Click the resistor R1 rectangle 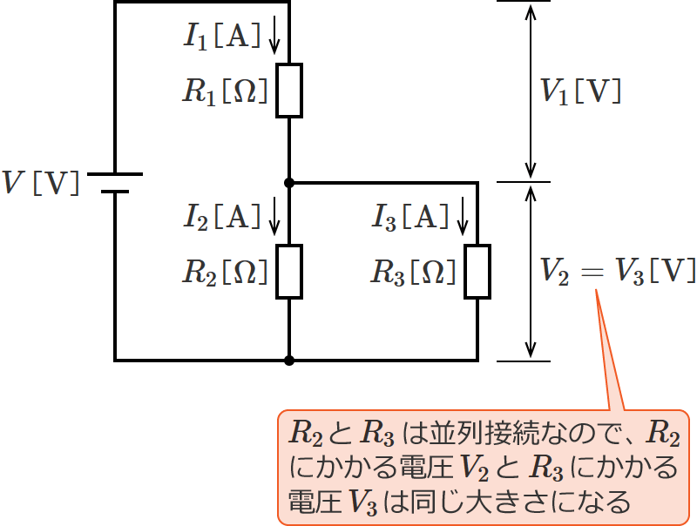pyautogui.click(x=289, y=91)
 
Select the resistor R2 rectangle pyautogui.click(x=289, y=271)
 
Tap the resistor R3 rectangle pyautogui.click(x=477, y=272)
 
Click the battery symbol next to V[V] pyautogui.click(x=114, y=183)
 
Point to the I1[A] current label pyautogui.click(x=221, y=36)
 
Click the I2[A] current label pyautogui.click(x=221, y=215)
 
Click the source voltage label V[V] pyautogui.click(x=41, y=183)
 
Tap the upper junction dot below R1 pyautogui.click(x=289, y=183)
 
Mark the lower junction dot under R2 pyautogui.click(x=289, y=360)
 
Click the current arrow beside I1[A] pyautogui.click(x=274, y=36)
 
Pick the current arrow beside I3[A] pyautogui.click(x=463, y=216)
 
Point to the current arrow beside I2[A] pyautogui.click(x=274, y=216)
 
